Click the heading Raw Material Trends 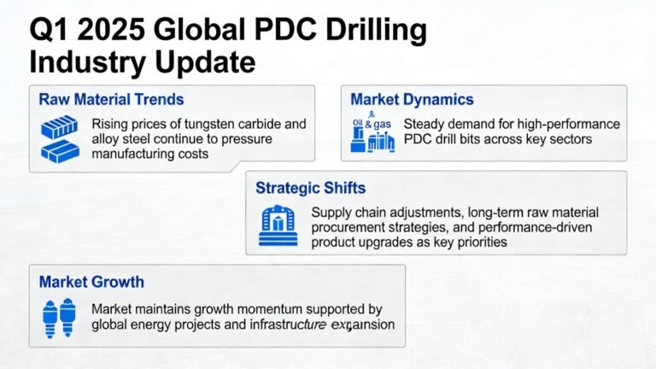click(x=111, y=100)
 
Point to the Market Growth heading click(x=91, y=281)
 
